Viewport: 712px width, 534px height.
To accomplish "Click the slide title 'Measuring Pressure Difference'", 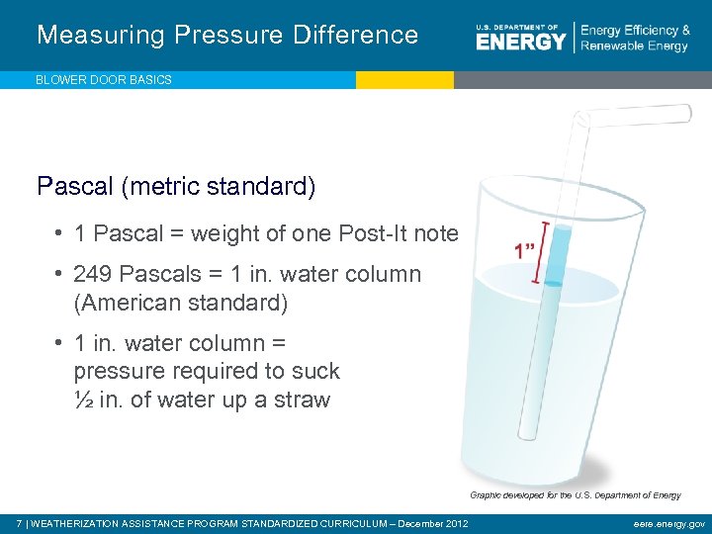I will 227,35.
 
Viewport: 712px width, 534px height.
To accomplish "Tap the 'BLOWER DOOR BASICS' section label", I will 104,80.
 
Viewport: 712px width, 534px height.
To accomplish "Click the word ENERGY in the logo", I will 520,41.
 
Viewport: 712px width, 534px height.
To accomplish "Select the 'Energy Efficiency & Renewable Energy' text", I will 635,39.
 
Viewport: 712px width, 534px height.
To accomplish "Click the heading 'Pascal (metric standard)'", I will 176,185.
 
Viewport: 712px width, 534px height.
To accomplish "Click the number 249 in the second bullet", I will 93,274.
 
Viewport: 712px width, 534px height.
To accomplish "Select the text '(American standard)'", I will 180,303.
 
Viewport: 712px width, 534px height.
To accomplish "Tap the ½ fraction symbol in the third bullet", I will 83,400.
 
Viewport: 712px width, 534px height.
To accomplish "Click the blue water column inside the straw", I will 558,255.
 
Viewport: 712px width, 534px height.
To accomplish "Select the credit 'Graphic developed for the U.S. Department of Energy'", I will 575,494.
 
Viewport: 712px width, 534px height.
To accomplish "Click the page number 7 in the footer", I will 20,523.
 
